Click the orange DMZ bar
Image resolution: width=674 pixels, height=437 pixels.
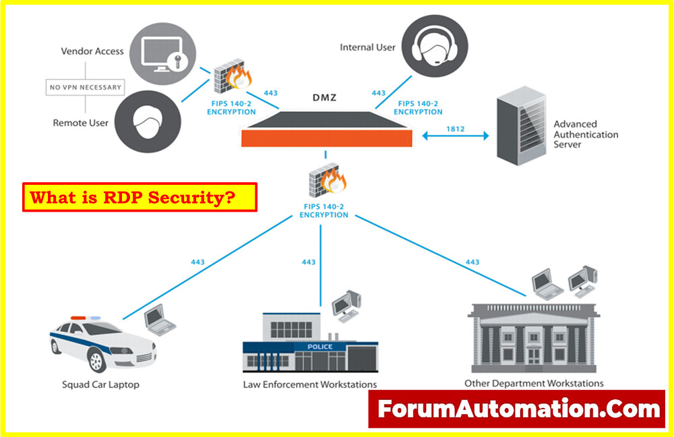[x=326, y=138]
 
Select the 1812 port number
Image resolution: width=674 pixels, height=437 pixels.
[x=456, y=128]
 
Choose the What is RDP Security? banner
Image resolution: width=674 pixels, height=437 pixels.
[x=140, y=198]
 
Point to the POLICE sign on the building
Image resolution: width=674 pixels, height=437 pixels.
[x=319, y=347]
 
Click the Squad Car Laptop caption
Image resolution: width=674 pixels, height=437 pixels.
[x=100, y=385]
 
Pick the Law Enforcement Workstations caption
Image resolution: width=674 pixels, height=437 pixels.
[x=309, y=385]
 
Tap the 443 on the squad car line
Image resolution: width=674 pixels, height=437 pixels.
[x=198, y=262]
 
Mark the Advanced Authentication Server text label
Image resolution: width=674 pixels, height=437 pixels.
[x=585, y=134]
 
